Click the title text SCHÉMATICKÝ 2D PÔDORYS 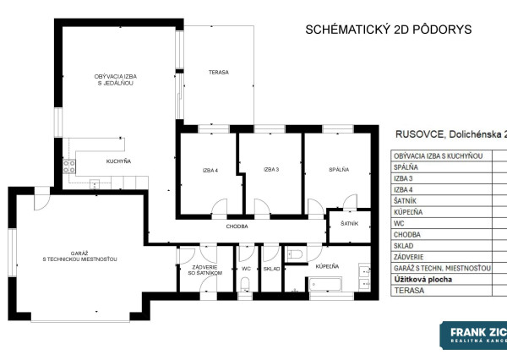point(388,30)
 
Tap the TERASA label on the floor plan point(219,73)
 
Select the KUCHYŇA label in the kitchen point(117,161)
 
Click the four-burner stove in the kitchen point(69,166)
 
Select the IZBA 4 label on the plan point(210,170)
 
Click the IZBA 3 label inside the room point(270,170)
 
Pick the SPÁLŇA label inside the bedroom point(339,170)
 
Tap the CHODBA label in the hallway point(237,226)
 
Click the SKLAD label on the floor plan point(271,269)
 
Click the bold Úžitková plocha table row point(422,278)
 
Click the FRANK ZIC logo point(473,335)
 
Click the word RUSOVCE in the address point(422,134)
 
